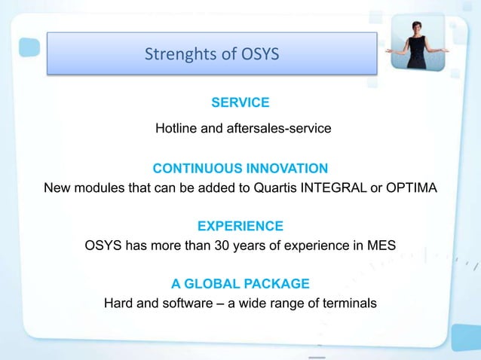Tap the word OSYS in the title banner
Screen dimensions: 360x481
[255, 54]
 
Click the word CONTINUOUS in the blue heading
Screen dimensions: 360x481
[193, 167]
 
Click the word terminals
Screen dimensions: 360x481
[348, 304]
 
